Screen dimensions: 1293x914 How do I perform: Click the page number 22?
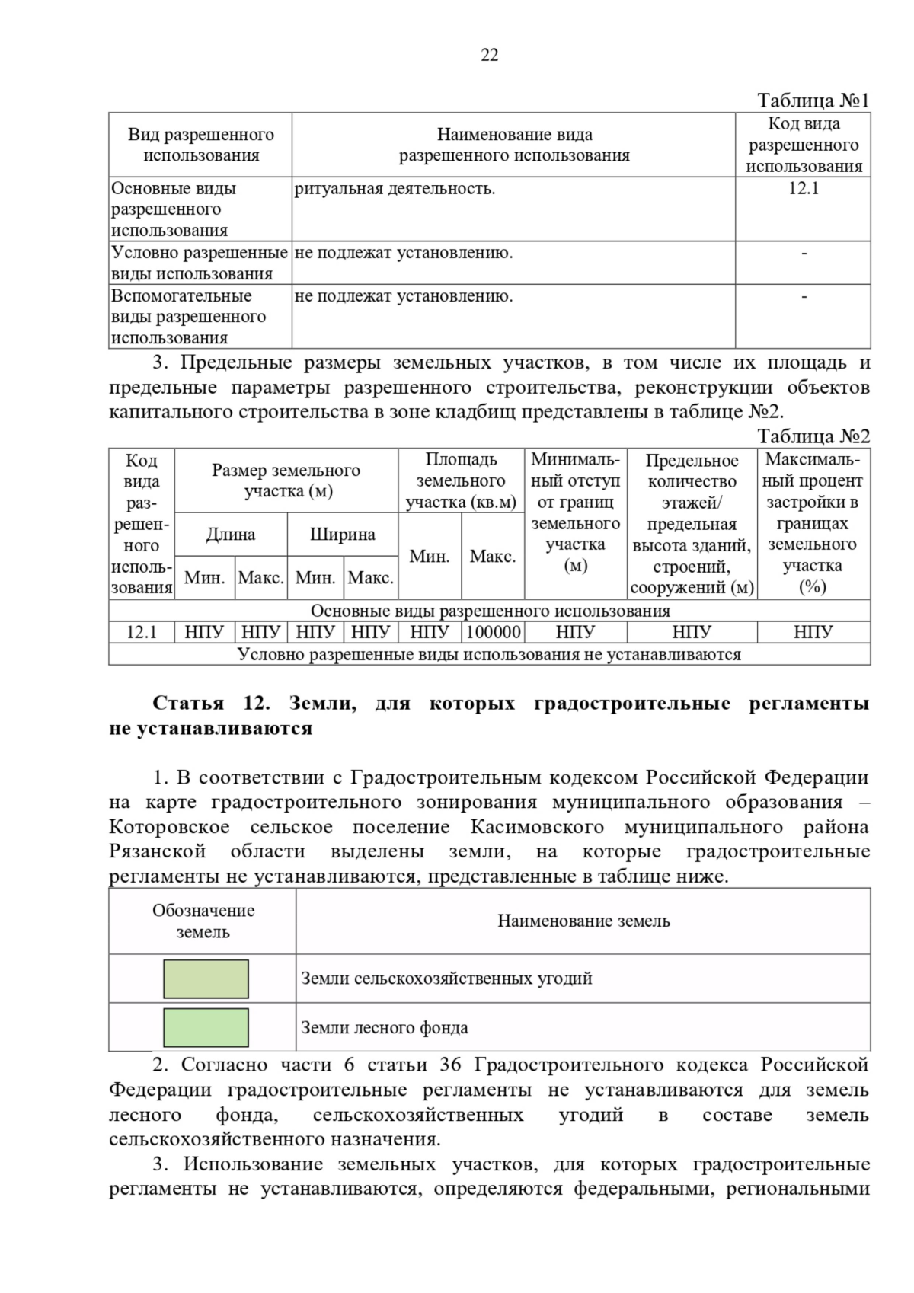(489, 55)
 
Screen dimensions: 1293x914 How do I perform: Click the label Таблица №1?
(813, 101)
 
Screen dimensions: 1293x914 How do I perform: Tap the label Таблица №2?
(813, 436)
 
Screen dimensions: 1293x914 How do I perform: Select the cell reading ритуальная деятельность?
(395, 189)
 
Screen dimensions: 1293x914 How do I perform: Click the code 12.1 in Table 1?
(803, 189)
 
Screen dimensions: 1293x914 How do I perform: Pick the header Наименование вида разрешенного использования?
(514, 145)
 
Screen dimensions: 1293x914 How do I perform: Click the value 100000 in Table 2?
(493, 632)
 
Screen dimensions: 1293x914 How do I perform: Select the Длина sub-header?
(230, 535)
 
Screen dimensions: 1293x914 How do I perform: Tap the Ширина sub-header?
(342, 535)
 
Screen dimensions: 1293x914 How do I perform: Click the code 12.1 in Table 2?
(141, 632)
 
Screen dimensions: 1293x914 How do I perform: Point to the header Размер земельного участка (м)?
(286, 480)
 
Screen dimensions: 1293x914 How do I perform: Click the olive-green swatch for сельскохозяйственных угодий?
(206, 979)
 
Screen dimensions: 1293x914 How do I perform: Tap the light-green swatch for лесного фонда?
(206, 1027)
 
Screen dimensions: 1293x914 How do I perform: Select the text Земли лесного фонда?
(384, 1028)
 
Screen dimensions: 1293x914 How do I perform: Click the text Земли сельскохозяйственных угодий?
(446, 979)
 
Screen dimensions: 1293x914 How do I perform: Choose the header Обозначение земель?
(203, 921)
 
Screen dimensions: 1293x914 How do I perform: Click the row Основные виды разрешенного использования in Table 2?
(490, 611)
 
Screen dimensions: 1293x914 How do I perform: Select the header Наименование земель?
(583, 921)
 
